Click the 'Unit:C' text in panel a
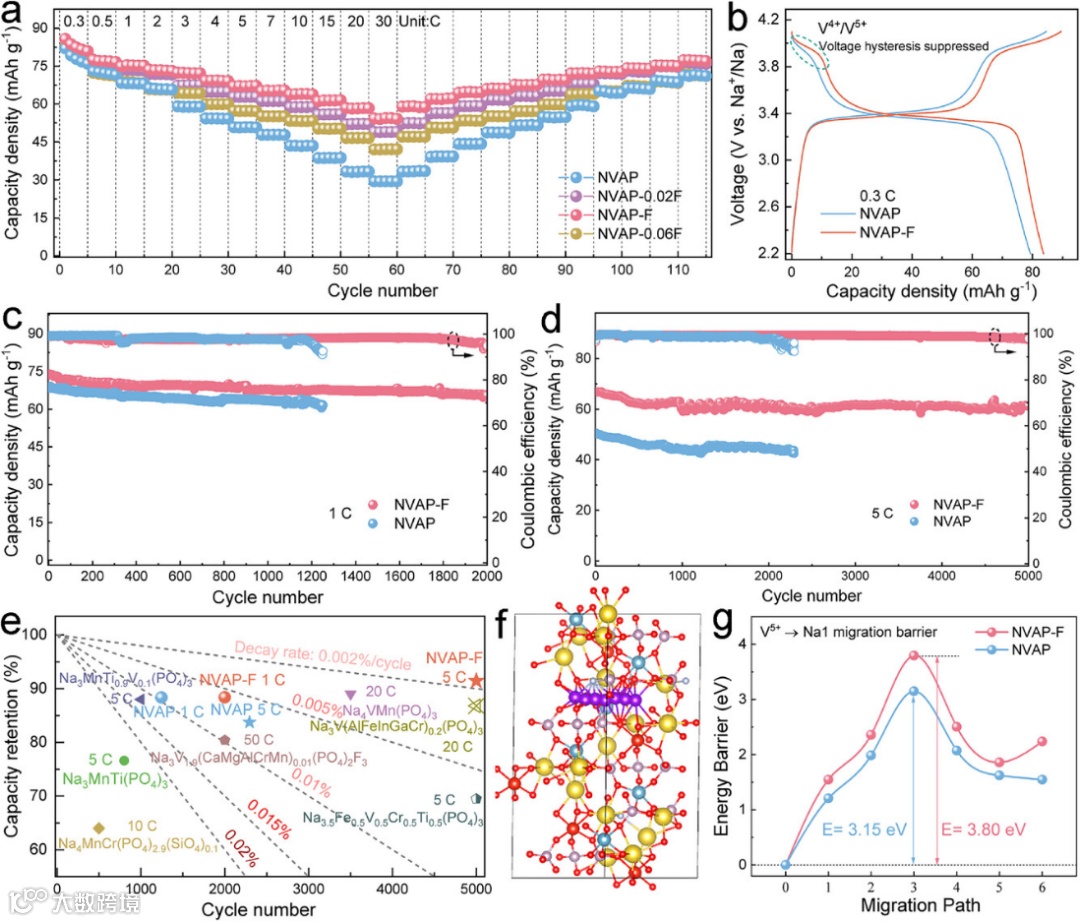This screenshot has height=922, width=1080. point(419,21)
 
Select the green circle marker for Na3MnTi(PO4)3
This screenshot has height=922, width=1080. point(124,760)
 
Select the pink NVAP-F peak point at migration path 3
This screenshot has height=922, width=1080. point(913,655)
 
